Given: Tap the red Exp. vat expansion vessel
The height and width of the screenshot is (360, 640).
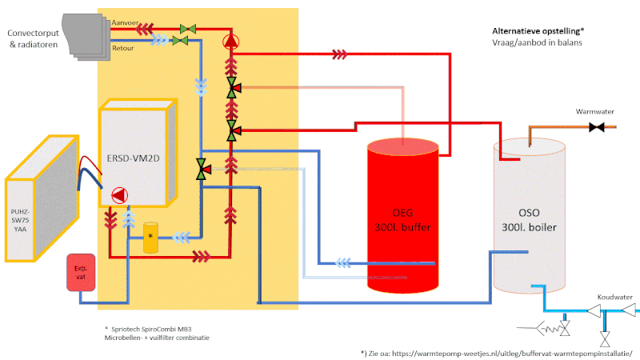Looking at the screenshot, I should tap(80, 272).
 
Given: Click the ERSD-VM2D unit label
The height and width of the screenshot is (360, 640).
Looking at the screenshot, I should tap(132, 158).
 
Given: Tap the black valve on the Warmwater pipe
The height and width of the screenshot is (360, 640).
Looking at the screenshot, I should tap(596, 127).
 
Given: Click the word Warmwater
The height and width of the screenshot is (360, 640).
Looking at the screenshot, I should tap(593, 111).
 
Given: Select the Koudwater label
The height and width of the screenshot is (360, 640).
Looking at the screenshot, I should tap(614, 297).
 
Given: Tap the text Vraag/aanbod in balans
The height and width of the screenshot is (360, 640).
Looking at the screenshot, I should tap(537, 42).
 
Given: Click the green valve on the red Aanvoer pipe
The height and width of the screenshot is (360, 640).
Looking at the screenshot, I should tap(189, 29).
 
